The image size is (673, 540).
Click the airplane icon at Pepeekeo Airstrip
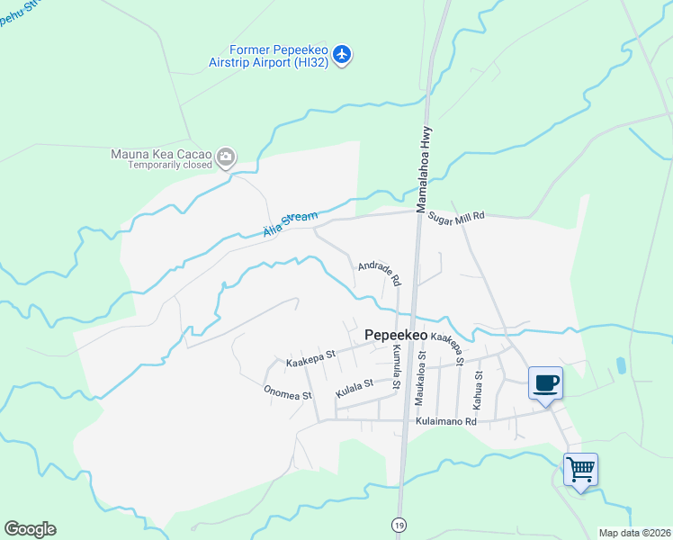point(341,54)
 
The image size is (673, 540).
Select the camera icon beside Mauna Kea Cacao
point(226,158)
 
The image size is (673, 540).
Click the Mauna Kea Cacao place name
point(161,154)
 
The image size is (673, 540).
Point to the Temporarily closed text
point(169,166)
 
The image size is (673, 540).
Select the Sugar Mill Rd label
point(456,217)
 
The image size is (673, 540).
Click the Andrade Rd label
point(379,274)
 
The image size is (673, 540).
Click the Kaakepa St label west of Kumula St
point(310,358)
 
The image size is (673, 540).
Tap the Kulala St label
point(354,389)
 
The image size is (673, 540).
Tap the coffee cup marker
point(545,383)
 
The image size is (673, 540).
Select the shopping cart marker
point(580,468)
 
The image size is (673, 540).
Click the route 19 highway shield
point(398,524)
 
